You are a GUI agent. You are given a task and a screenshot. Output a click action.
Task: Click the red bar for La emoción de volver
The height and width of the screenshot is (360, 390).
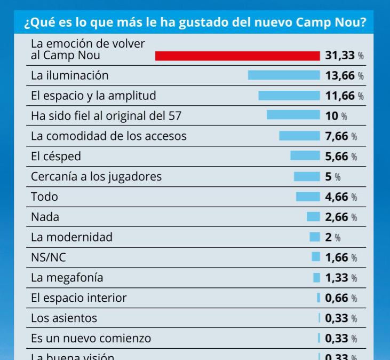coord(237,56)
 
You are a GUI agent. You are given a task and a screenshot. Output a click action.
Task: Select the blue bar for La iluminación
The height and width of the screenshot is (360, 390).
coord(284,75)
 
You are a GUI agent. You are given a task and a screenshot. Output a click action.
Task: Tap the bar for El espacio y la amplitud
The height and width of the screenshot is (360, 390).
coord(289,96)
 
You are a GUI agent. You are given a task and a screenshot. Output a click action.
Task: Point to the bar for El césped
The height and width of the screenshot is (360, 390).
coord(305,156)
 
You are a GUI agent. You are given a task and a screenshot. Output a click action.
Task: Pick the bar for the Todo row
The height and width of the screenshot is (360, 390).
coord(308,197)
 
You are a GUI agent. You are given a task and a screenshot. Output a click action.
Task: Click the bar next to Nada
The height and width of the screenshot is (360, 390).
coord(313,217)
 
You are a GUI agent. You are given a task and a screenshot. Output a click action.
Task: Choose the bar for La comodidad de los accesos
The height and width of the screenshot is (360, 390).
coord(299,136)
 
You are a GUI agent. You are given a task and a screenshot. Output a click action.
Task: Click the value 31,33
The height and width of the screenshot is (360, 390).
coord(340,56)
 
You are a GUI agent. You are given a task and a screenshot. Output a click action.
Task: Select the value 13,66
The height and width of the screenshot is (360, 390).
coord(340,76)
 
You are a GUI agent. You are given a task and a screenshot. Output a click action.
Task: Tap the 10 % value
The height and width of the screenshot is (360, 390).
coord(332,116)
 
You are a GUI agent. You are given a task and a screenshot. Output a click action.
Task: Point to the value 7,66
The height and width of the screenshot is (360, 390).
coord(337,136)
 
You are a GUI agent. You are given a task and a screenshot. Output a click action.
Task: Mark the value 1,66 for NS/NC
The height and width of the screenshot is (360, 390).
coord(337,257)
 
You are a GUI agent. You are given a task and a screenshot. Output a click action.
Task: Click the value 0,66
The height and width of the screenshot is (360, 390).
coord(337,298)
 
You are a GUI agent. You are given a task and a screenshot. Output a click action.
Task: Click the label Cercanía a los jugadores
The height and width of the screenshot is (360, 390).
coord(96,176)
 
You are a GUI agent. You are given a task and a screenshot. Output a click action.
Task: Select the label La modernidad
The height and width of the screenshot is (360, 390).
coord(71,237)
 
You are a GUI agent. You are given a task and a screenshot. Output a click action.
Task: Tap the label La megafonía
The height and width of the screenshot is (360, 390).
coord(67,278)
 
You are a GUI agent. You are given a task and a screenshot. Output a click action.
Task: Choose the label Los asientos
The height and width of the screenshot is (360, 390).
coord(64,318)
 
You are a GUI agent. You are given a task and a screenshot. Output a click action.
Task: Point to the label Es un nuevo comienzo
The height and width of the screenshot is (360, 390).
coord(91,338)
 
